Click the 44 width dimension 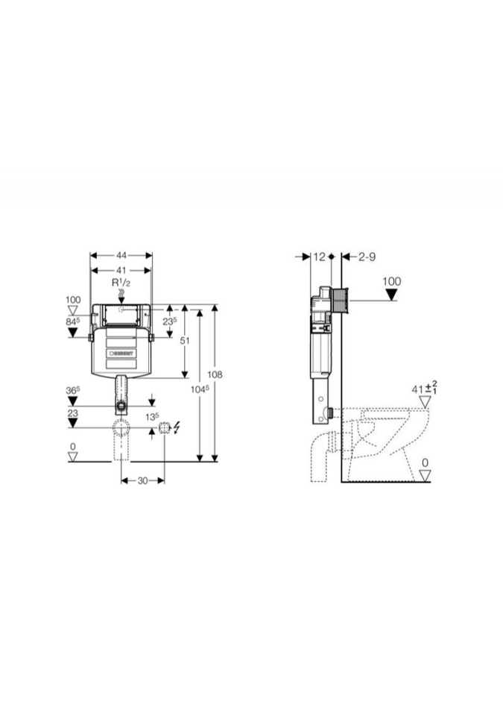121,255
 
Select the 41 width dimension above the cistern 121,270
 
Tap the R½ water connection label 121,283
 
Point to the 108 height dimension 215,374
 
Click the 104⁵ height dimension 200,389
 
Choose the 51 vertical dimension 184,341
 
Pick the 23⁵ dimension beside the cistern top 169,321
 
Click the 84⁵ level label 73,321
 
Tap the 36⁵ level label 73,391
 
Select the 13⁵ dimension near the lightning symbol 152,416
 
